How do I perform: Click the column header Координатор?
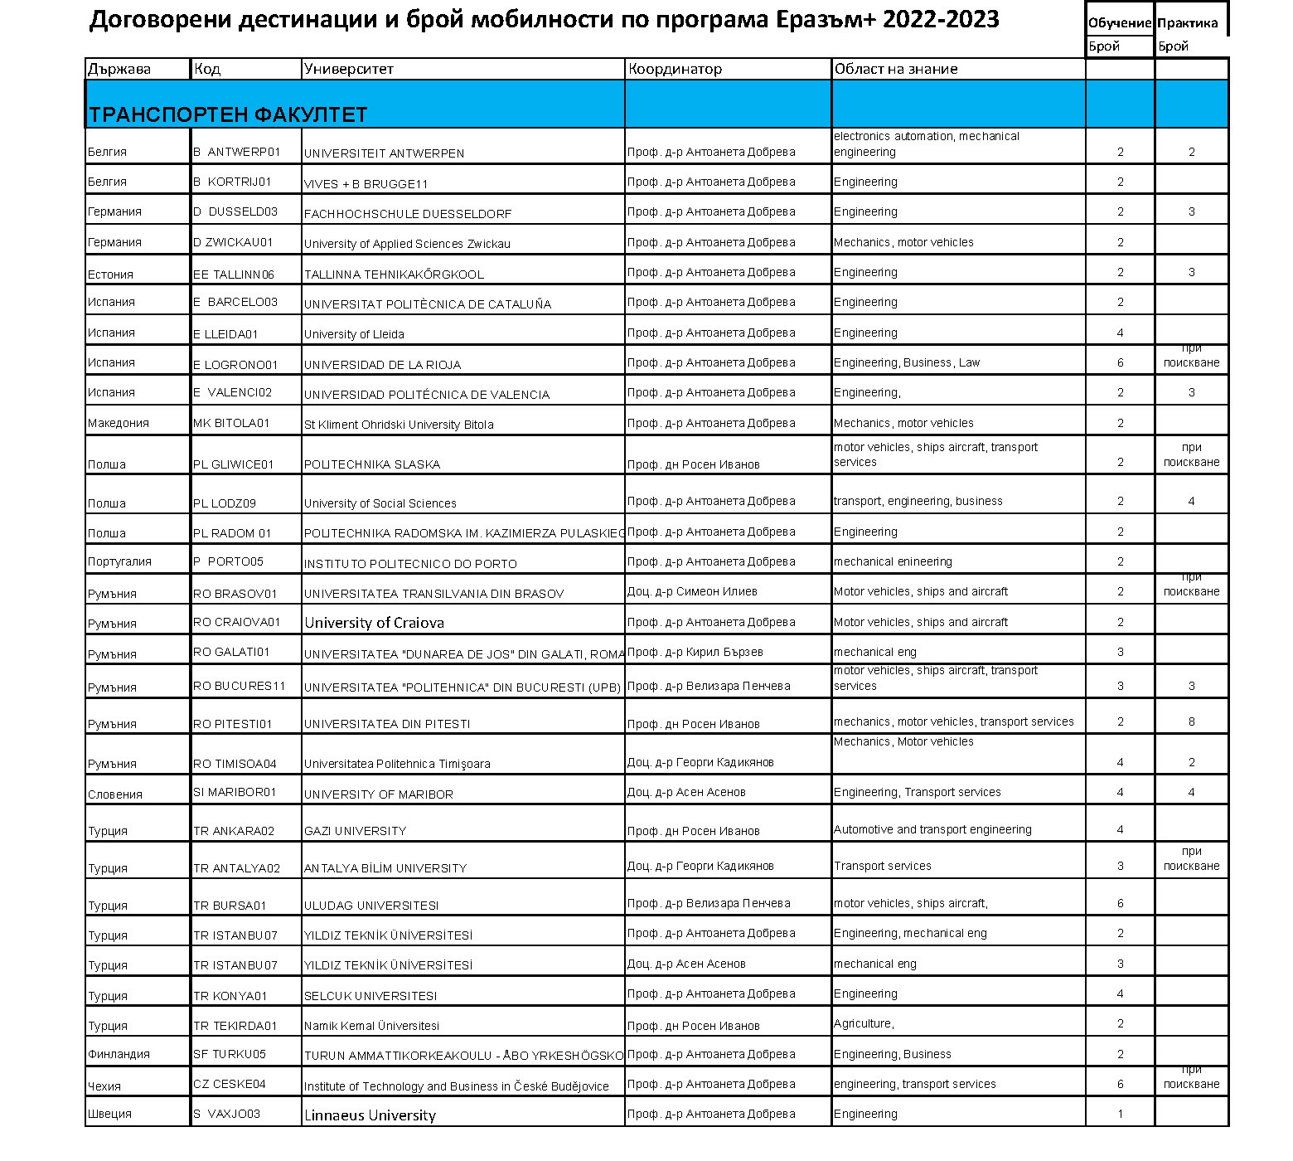pyautogui.click(x=675, y=70)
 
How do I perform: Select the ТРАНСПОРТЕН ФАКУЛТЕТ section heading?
pyautogui.click(x=228, y=114)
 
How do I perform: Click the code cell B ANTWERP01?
pyautogui.click(x=237, y=153)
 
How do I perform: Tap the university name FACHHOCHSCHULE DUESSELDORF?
pyautogui.click(x=408, y=214)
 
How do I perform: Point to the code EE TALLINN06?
pyautogui.click(x=234, y=274)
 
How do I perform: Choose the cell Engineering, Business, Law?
pyautogui.click(x=907, y=362)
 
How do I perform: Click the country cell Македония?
pyautogui.click(x=119, y=423)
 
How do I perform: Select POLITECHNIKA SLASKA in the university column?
pyautogui.click(x=372, y=464)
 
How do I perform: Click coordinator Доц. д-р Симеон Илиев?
pyautogui.click(x=692, y=591)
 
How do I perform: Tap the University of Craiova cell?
pyautogui.click(x=374, y=623)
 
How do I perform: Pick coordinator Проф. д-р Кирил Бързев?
pyautogui.click(x=695, y=652)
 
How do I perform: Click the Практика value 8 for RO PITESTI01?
pyautogui.click(x=1191, y=721)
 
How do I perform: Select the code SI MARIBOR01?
pyautogui.click(x=235, y=792)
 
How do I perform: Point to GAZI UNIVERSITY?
pyautogui.click(x=355, y=831)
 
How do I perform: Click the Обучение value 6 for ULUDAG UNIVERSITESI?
pyautogui.click(x=1120, y=903)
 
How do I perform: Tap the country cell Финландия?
pyautogui.click(x=119, y=1054)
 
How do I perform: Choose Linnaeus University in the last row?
pyautogui.click(x=370, y=1115)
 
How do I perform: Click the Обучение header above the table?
pyautogui.click(x=1119, y=23)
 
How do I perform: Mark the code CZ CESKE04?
pyautogui.click(x=230, y=1084)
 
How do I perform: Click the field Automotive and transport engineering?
pyautogui.click(x=932, y=829)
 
